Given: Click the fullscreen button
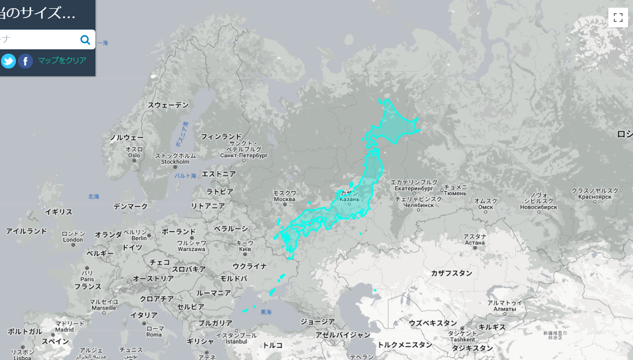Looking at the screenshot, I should point(618,17).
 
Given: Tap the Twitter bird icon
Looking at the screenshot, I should point(8,61).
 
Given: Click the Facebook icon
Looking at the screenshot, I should point(25,61).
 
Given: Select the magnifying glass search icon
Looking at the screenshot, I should point(85,39).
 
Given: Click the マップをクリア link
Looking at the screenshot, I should point(62,60).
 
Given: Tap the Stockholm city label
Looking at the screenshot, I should point(175,162).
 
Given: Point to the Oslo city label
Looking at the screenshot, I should point(134,155).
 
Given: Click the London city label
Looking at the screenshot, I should point(73,239).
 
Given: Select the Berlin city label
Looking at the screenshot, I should point(139,238).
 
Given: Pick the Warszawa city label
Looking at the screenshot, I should point(191,249).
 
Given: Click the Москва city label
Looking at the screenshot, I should point(284,199).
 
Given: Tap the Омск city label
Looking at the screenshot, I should point(486,207).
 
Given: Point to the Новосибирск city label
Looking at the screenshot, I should point(539,208).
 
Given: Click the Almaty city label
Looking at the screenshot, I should point(505,309).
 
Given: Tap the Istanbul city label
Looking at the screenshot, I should point(236,341).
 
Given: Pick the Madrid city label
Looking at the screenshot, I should point(64,329).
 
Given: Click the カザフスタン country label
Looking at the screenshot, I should point(451,273).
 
